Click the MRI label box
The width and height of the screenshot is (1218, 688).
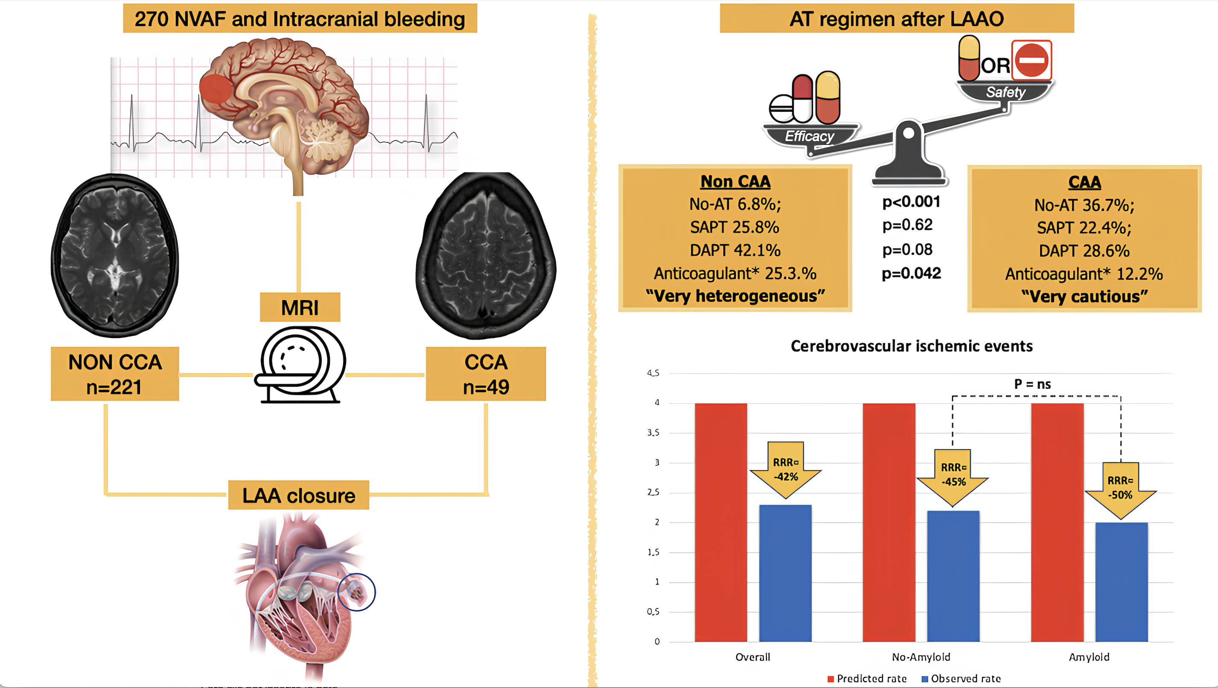coord(300,307)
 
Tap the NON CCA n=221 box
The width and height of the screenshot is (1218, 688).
coord(115,374)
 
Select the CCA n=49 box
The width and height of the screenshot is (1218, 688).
coord(486,374)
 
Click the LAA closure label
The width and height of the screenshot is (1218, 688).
coord(298,495)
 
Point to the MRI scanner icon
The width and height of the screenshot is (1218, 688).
coord(300,364)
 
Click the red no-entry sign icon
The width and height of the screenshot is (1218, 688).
coord(1031,60)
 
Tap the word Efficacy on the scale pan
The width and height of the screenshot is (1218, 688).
coord(809,136)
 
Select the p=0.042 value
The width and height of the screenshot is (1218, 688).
coord(911,273)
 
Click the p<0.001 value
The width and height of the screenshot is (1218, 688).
coord(911,202)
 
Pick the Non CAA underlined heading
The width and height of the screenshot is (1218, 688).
coord(735,181)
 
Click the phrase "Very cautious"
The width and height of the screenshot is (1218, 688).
coord(1084,297)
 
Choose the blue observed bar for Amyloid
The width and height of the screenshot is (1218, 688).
coord(1121,582)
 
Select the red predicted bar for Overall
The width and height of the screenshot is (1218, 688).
coord(720,522)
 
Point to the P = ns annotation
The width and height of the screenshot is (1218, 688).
coord(1032,384)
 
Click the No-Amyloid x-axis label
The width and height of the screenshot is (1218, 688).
coord(921,657)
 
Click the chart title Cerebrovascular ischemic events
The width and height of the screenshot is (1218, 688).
coord(911,346)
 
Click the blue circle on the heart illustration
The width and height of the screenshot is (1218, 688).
coord(356,592)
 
